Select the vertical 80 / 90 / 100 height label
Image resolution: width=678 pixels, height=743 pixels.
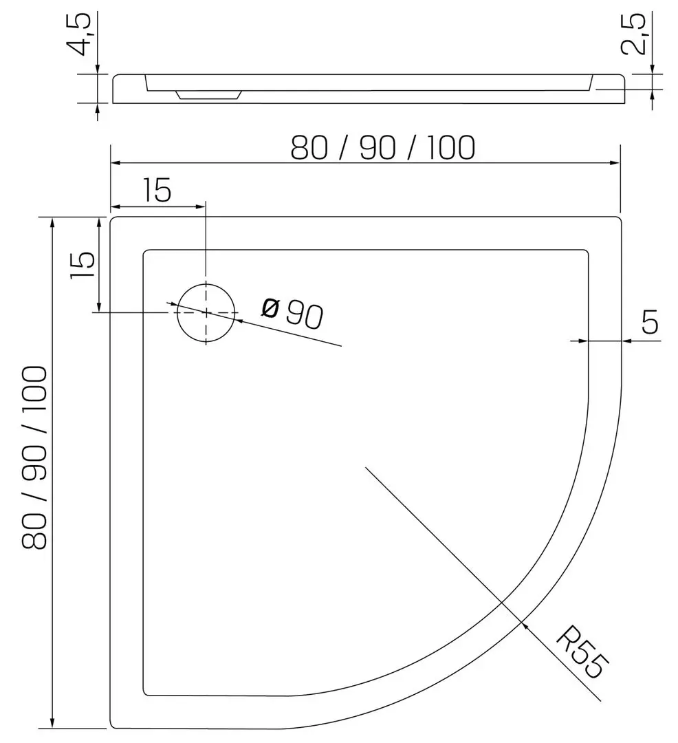[x=34, y=457]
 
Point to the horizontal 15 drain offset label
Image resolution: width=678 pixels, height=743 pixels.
[x=157, y=191]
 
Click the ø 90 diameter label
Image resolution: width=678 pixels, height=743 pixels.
[x=293, y=313]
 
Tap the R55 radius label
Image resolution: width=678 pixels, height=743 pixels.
[x=581, y=652]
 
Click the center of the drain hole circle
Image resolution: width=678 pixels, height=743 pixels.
[x=206, y=313]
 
